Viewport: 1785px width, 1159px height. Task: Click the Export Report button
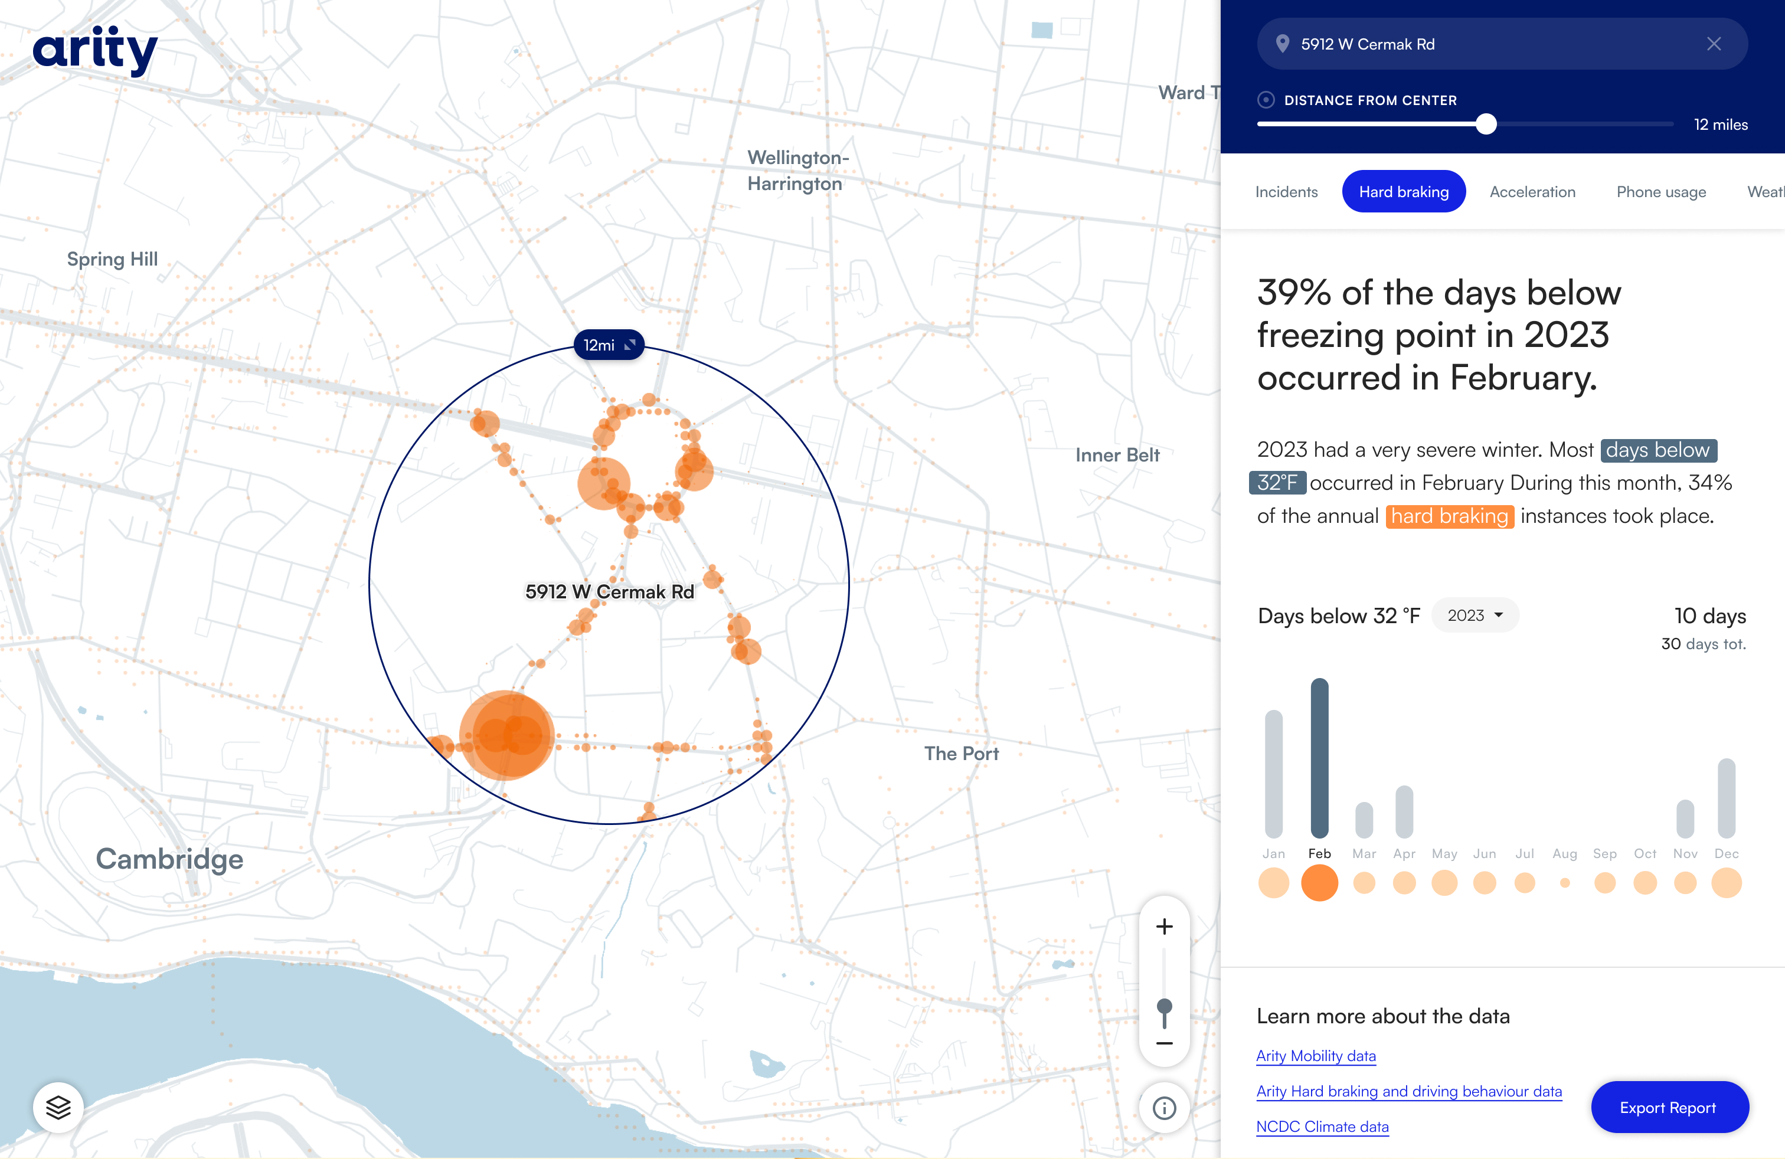point(1669,1107)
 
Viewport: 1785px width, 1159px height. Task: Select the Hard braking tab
point(1403,192)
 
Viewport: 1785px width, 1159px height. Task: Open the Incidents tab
point(1286,192)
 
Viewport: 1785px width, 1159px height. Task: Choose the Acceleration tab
point(1532,192)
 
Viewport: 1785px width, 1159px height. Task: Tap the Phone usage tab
point(1660,192)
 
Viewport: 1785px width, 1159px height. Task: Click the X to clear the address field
point(1714,44)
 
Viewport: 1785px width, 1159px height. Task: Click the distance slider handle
point(1486,125)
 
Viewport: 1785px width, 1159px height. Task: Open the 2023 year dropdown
point(1475,615)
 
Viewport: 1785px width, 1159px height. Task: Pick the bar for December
point(1726,798)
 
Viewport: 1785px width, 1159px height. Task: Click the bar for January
point(1273,773)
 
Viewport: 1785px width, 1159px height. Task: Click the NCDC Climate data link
point(1322,1127)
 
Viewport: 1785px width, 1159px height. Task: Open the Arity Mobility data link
point(1316,1056)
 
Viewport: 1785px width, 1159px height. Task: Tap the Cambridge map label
point(169,859)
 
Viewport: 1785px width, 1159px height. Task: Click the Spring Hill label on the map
point(113,260)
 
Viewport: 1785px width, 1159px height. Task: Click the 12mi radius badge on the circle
point(608,345)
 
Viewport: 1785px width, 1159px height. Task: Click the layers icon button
point(58,1107)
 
